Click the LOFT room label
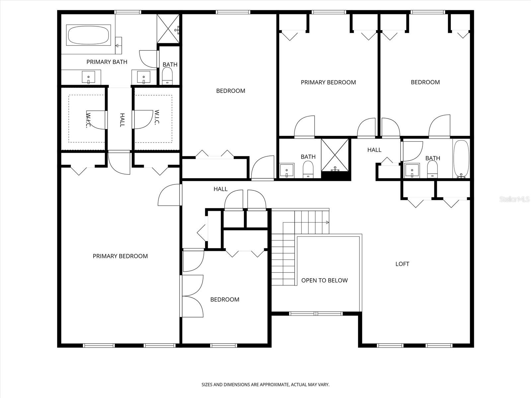point(402,264)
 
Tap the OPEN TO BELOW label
point(324,281)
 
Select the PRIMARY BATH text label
point(107,62)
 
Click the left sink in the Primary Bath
point(88,77)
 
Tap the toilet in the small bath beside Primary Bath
point(167,77)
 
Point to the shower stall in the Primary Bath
point(169,29)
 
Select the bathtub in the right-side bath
point(461,159)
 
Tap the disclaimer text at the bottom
point(265,385)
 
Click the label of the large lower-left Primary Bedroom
point(120,256)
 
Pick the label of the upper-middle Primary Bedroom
point(328,82)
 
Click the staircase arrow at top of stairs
point(327,222)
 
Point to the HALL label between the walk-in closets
point(122,120)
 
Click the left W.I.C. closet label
point(88,120)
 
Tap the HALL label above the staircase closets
point(220,189)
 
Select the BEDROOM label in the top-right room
point(425,82)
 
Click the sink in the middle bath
point(287,170)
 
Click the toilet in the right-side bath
point(432,171)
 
